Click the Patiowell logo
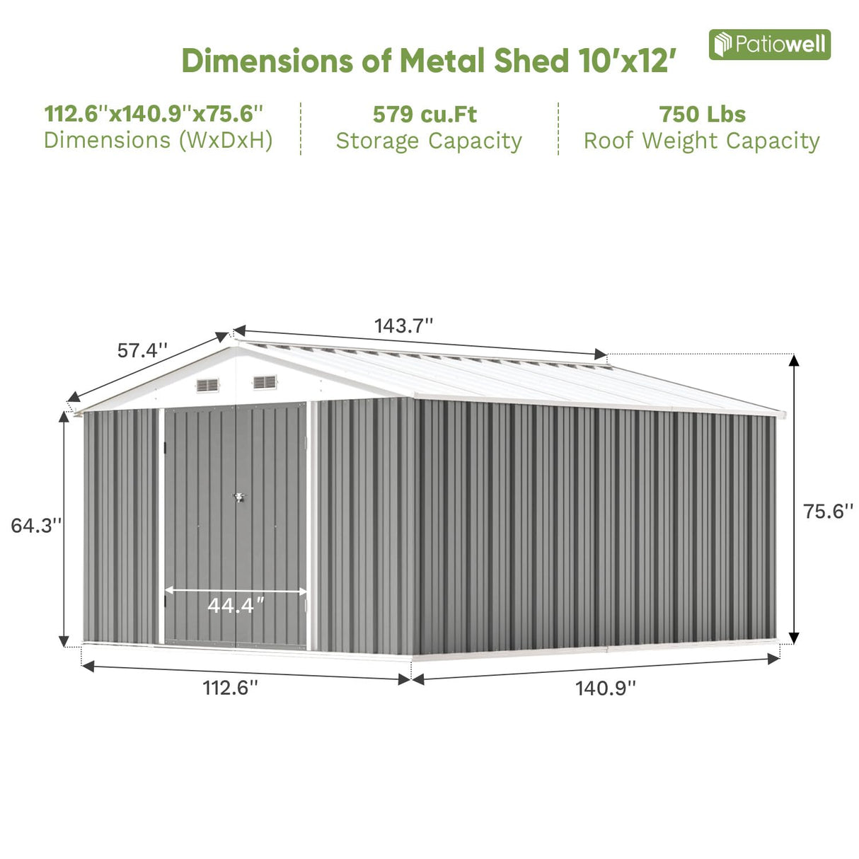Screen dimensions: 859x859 click(769, 45)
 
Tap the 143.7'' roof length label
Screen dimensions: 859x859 click(403, 326)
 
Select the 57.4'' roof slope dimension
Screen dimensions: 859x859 click(142, 350)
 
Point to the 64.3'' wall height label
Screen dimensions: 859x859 click(36, 526)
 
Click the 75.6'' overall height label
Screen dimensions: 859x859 click(828, 511)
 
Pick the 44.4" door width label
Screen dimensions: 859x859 click(236, 606)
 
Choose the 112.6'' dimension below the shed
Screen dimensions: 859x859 click(231, 688)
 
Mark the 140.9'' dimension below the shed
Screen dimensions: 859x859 click(605, 688)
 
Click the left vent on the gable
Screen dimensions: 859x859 click(207, 385)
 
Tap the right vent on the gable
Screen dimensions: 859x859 click(265, 382)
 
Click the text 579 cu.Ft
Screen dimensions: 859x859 click(425, 115)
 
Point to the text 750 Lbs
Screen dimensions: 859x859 click(702, 115)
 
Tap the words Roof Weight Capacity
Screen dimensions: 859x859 click(701, 141)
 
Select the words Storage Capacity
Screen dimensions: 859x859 click(429, 141)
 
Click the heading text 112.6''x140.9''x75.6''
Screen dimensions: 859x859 click(154, 114)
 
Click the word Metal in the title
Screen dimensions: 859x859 click(443, 61)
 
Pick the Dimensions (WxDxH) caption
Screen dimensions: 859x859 click(158, 140)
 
